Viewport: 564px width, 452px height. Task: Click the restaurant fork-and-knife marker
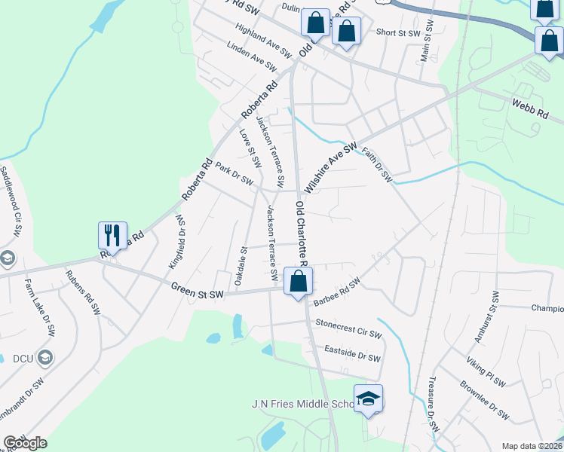[x=112, y=235]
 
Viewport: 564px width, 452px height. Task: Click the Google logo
[x=24, y=443]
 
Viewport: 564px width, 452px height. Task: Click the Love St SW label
[x=250, y=148]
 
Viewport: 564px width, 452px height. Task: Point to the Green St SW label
[x=198, y=287]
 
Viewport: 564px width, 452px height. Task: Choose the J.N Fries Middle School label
[x=302, y=405]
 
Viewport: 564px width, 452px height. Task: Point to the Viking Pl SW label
[x=485, y=371]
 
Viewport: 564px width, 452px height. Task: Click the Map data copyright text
[x=531, y=446]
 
